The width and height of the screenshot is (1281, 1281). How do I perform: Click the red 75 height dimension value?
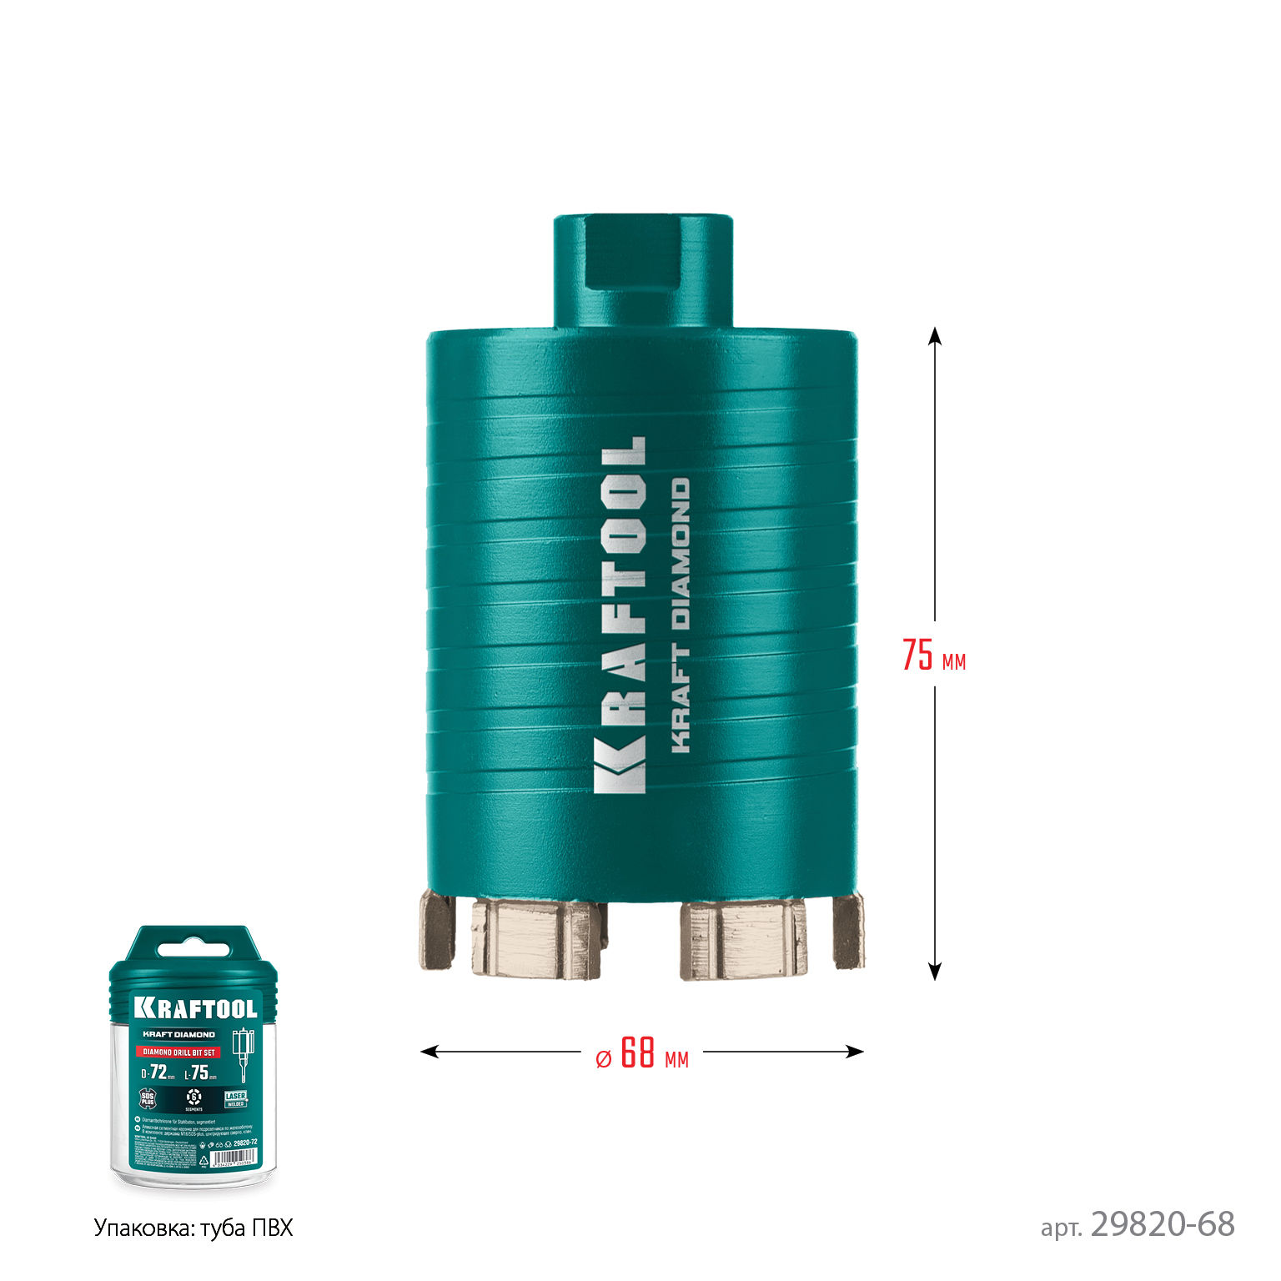tap(917, 655)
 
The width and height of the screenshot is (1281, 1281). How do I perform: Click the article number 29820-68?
tap(1162, 1224)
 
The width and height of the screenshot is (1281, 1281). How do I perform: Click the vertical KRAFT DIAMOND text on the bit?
tap(681, 615)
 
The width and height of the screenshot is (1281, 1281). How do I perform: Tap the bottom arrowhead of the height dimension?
tap(935, 972)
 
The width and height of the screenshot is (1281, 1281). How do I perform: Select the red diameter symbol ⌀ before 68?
tap(604, 1058)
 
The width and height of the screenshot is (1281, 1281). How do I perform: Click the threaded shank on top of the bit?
tap(643, 271)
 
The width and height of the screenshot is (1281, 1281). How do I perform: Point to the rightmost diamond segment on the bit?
tap(848, 930)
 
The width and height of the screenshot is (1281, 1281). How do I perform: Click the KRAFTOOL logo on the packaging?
tap(196, 1007)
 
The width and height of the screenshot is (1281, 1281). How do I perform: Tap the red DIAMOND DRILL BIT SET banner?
tap(177, 1052)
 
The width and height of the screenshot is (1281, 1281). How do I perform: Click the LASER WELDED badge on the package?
tap(236, 1098)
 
